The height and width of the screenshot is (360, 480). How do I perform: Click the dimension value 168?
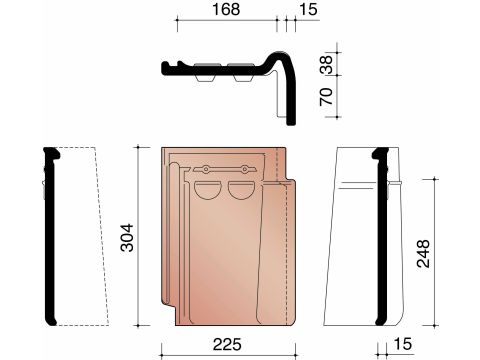coord(226,9)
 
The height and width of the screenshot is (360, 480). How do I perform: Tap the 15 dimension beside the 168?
coord(308,9)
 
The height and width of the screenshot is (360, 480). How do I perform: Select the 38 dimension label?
coord(327,64)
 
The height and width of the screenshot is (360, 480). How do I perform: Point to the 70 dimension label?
coord(327,96)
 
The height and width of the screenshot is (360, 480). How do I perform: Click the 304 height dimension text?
coord(127,237)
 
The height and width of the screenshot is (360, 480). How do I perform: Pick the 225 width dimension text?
coord(227,344)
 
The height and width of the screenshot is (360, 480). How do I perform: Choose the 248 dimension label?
coord(423,253)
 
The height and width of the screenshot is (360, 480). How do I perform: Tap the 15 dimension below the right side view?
coord(403,344)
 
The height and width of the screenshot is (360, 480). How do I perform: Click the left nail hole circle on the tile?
coord(206,169)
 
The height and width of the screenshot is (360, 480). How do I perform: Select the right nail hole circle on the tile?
coord(245,169)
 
